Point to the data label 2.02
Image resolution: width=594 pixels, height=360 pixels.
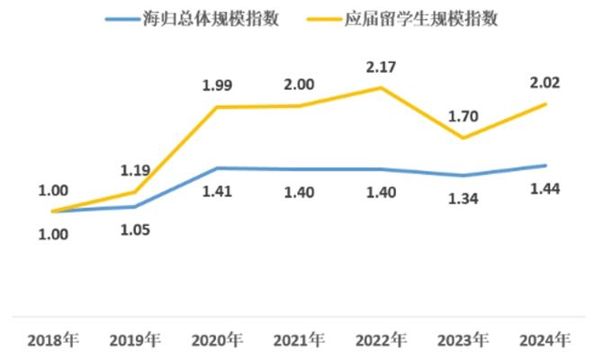(544, 83)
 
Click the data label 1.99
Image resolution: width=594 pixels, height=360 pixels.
(217, 85)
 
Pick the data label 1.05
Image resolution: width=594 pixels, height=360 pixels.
(135, 229)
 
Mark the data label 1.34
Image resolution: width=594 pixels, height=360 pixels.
(463, 197)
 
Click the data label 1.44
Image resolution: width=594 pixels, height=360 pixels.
(544, 188)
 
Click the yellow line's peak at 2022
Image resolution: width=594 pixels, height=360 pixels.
(381, 87)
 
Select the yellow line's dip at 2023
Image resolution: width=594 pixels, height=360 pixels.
(463, 138)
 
